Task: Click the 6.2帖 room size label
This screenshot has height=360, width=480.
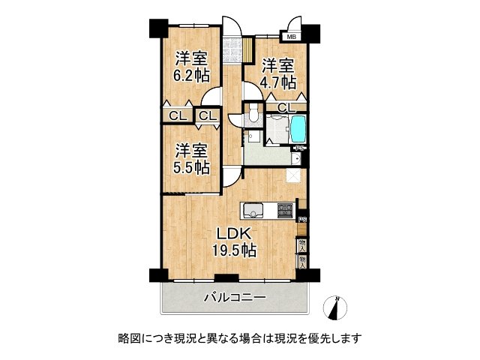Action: [192, 75]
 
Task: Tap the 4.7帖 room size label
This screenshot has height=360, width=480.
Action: [277, 82]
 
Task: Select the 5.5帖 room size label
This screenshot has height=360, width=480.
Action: [192, 168]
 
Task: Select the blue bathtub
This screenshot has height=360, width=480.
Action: [298, 129]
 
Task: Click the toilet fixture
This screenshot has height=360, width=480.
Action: [254, 114]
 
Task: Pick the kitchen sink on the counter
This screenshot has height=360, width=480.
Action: [252, 209]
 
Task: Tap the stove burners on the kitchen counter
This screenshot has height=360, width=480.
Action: [284, 210]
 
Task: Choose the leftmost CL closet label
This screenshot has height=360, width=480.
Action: [177, 115]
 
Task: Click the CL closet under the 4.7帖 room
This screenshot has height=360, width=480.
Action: [286, 108]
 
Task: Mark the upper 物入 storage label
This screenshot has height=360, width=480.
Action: [302, 245]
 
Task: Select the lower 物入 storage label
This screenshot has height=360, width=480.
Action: [302, 261]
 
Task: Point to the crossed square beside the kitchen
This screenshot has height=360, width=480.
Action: [295, 177]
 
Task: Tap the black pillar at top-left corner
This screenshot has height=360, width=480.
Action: [158, 28]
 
